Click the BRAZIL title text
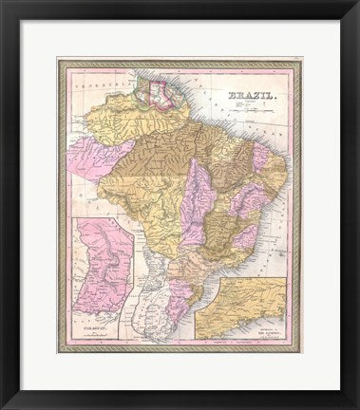tap(245, 95)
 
